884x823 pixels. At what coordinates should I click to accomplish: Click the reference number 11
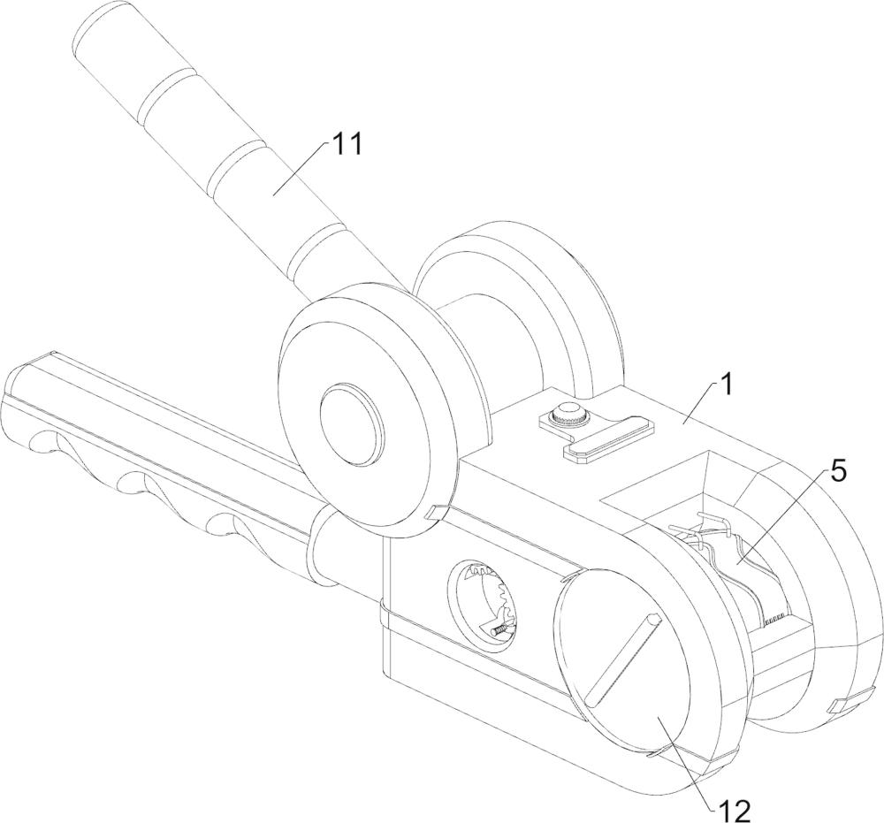coord(345,144)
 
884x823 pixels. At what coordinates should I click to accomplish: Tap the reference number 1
coord(728,385)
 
